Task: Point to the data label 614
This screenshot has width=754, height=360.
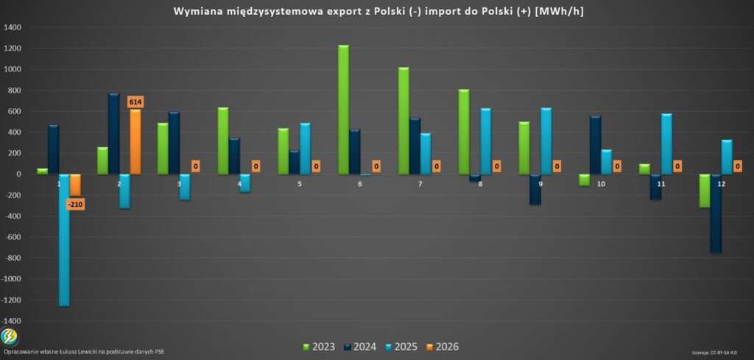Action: [135, 102]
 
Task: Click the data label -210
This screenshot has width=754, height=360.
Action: [75, 204]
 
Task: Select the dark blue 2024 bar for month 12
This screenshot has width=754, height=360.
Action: [715, 213]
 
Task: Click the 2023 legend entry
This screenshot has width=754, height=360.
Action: [320, 347]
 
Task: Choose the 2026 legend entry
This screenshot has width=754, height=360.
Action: [442, 347]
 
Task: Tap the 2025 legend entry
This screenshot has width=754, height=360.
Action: [401, 347]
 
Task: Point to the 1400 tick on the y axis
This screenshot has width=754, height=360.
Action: [13, 27]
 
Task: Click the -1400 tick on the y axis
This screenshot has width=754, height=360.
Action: [13, 321]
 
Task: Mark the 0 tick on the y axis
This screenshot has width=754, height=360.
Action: [18, 174]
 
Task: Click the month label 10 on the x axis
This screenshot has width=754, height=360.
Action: [601, 183]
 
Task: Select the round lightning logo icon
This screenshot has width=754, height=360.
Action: [10, 336]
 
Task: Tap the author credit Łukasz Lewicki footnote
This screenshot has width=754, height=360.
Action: [84, 352]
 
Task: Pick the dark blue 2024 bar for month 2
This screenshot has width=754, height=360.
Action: [113, 133]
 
